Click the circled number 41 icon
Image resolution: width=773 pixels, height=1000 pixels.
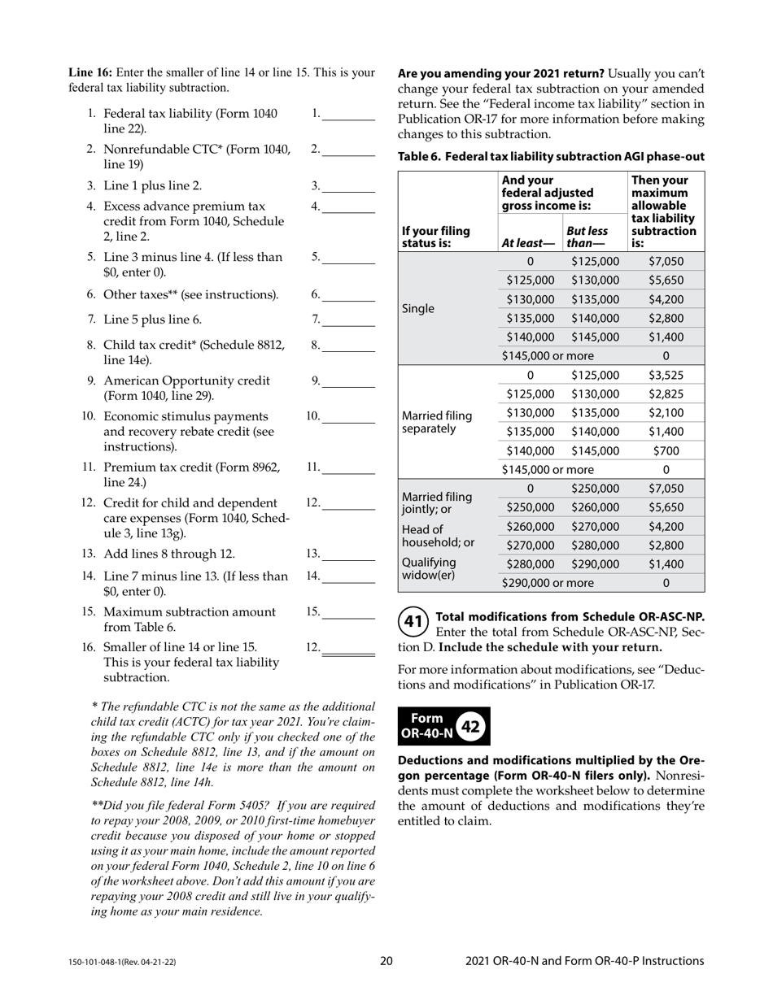(413, 623)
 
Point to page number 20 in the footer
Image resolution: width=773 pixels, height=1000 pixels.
(386, 961)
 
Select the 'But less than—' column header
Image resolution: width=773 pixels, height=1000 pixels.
(587, 237)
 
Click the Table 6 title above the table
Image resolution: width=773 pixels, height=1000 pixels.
(551, 157)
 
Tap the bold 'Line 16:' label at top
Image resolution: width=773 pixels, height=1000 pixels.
(91, 72)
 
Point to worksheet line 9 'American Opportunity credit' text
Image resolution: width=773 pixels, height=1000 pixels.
(187, 380)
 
